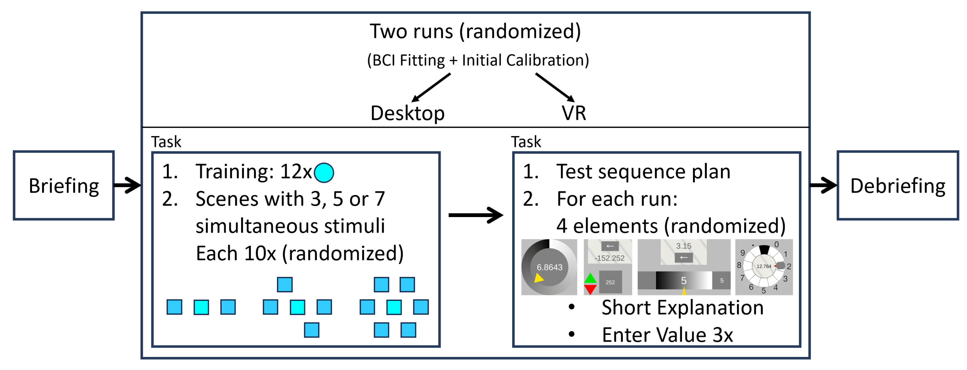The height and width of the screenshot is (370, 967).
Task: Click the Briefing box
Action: tap(63, 185)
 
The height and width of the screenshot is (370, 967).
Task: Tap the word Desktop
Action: tap(407, 113)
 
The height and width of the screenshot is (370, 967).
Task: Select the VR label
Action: tap(574, 113)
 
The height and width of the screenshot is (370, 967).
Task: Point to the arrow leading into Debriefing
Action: tap(823, 185)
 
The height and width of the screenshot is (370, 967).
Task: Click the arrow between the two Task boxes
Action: tap(476, 215)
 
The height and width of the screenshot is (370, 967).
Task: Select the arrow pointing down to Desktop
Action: tap(431, 88)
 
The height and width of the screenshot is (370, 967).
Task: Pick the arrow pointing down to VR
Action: tap(555, 88)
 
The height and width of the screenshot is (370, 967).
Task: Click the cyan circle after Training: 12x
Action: tap(324, 173)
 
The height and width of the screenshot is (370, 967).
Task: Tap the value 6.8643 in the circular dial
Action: tap(549, 267)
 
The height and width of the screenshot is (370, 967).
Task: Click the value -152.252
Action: tap(609, 258)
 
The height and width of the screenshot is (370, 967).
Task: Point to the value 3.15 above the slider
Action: tap(684, 246)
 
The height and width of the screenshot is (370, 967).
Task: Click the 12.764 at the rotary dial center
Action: tap(764, 266)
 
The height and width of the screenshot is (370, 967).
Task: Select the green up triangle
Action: tap(590, 278)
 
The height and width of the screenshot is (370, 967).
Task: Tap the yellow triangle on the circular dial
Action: tap(539, 278)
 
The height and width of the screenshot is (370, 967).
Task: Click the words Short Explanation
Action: tap(683, 308)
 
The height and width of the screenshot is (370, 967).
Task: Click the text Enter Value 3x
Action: tap(667, 335)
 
